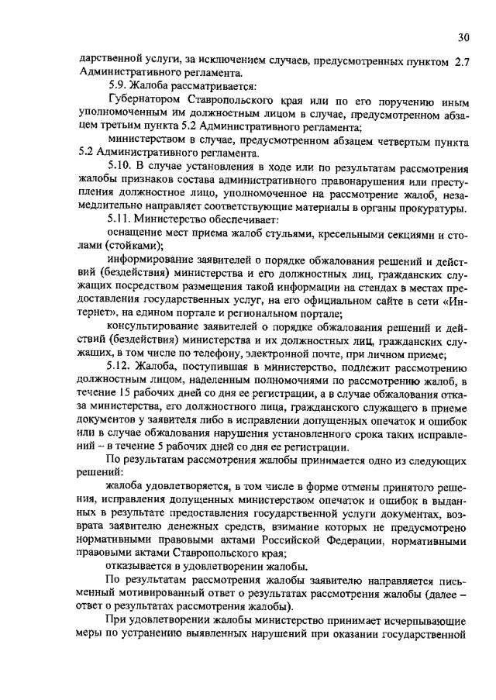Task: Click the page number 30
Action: click(x=463, y=36)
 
